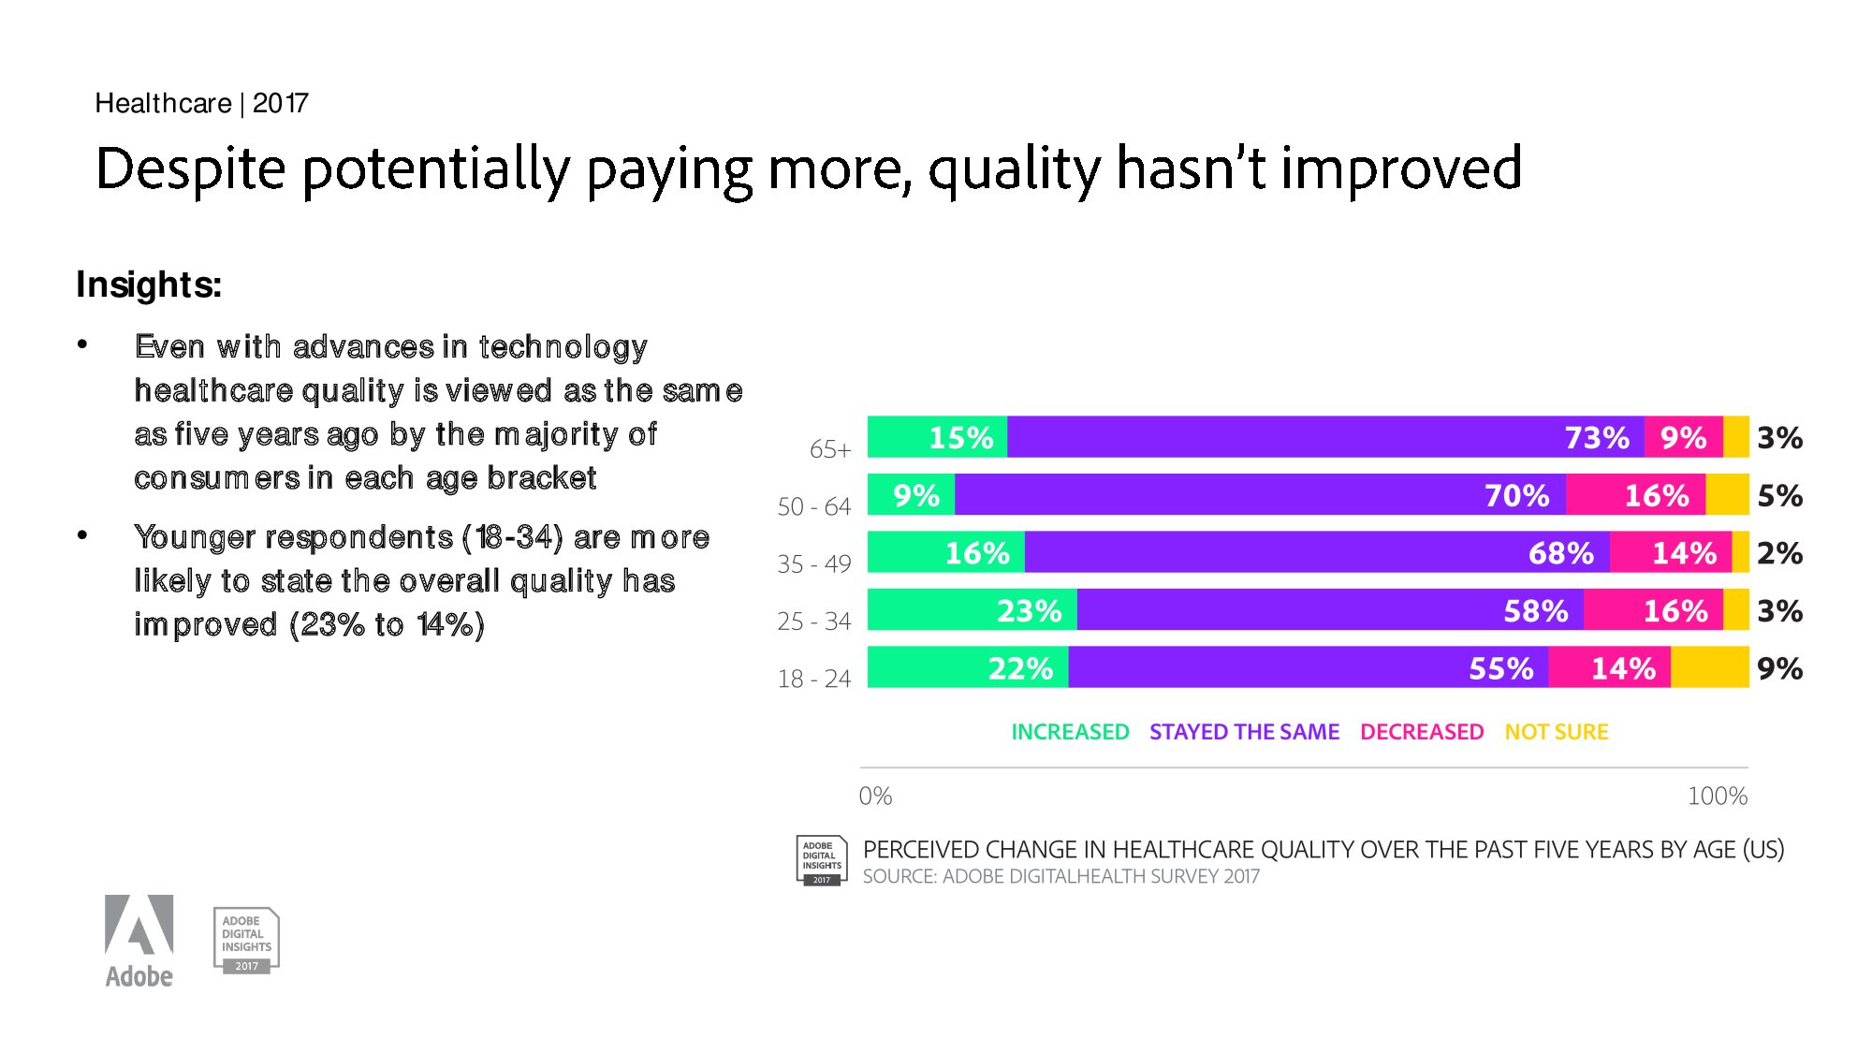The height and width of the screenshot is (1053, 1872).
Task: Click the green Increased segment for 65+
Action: [x=937, y=437]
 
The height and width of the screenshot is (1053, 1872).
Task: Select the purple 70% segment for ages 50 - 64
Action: [x=1260, y=495]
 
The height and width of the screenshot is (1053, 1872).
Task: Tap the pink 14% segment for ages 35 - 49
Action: [x=1671, y=552]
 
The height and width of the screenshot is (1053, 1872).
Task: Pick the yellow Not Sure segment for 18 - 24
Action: [x=1709, y=667]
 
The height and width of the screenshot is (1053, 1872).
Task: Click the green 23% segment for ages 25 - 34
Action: [x=972, y=610]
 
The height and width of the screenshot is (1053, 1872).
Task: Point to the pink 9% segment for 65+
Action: [x=1683, y=437]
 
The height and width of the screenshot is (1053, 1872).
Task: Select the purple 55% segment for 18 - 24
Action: [x=1308, y=667]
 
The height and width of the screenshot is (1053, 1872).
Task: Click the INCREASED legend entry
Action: [x=1070, y=732]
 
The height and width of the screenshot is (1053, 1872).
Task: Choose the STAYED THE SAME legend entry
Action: [x=1244, y=732]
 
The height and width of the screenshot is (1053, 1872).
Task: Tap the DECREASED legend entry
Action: [x=1422, y=732]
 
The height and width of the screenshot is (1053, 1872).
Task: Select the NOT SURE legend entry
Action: [x=1557, y=732]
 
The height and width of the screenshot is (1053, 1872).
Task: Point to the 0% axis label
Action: [x=875, y=796]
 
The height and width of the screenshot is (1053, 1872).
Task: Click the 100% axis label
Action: [x=1717, y=796]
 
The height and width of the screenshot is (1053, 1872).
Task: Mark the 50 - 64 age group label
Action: [x=813, y=506]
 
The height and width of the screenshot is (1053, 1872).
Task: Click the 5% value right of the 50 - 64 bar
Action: [x=1779, y=495]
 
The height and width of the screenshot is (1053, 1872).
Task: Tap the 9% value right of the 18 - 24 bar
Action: [x=1779, y=668]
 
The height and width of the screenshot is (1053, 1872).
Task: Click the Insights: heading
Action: [x=149, y=285]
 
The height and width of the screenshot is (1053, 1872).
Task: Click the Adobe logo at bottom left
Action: [x=139, y=941]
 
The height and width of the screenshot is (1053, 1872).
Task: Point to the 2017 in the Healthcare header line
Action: [x=280, y=103]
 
